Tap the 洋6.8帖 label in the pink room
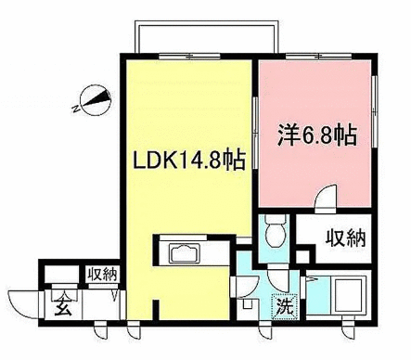[315, 134]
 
